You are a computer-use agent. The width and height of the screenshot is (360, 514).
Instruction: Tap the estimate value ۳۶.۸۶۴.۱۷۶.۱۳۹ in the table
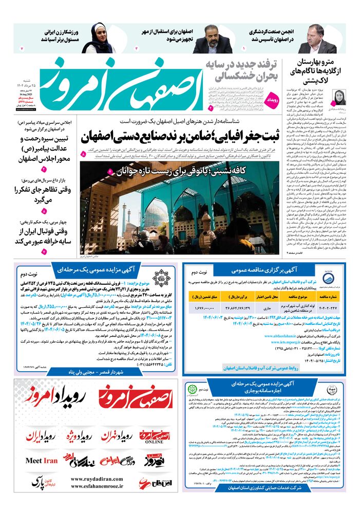coord(236,307)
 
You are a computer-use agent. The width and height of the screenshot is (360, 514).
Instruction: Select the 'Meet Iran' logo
coord(42,461)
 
